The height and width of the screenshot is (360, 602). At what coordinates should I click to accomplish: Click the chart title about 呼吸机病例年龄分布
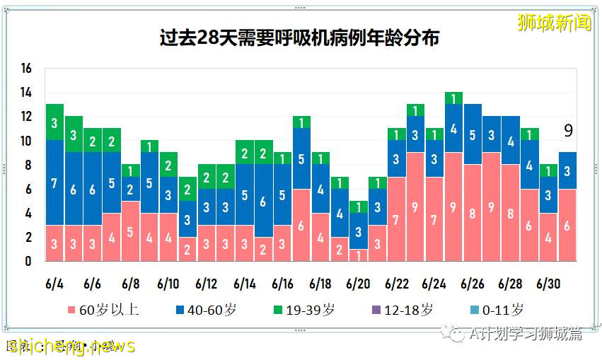(299, 37)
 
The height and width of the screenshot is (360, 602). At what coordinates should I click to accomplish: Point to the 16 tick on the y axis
(27, 69)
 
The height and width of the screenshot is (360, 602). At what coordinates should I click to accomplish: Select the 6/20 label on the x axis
(359, 284)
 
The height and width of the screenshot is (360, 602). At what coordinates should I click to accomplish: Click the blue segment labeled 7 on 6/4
(55, 182)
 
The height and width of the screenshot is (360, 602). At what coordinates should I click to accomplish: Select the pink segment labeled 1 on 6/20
(359, 255)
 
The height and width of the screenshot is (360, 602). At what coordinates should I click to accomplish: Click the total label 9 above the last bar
(568, 131)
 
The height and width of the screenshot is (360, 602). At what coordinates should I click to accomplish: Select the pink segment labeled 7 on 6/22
(396, 219)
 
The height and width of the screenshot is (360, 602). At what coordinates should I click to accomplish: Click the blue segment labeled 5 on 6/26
(472, 134)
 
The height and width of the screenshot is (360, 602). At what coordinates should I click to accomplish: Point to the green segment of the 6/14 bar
(245, 152)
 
